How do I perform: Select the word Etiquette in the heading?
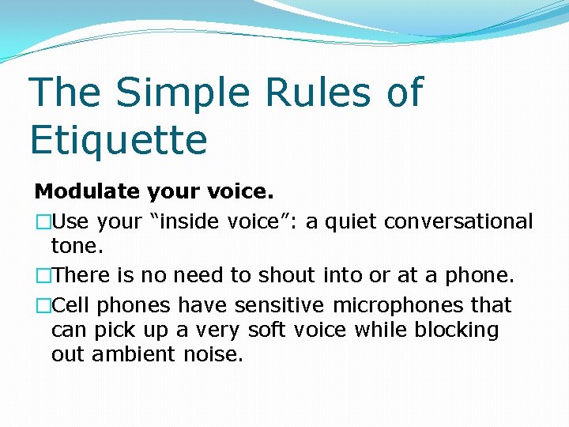pyautogui.click(x=119, y=140)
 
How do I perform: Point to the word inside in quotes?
pyautogui.click(x=190, y=222)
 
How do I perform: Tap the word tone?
pyautogui.click(x=77, y=246)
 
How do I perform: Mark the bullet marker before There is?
pyautogui.click(x=42, y=276)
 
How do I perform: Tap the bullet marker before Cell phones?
pyautogui.click(x=42, y=305)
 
